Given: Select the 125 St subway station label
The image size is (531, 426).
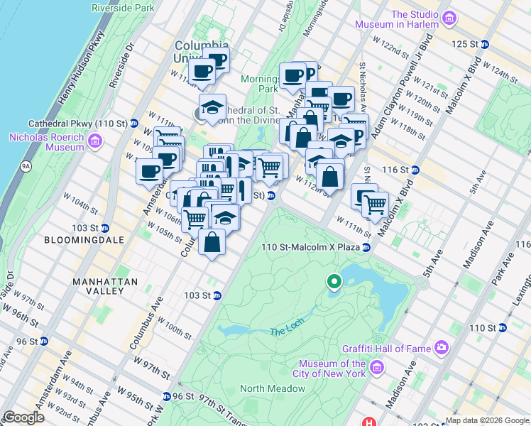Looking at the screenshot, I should [466, 44].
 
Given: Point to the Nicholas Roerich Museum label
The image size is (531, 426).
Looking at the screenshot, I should [46, 142].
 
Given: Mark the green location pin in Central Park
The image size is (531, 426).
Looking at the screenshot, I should [334, 283].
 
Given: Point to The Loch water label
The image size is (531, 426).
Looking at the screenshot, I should [286, 332].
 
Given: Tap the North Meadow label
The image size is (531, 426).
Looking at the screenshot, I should [273, 388].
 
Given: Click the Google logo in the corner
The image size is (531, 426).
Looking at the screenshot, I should [24, 417].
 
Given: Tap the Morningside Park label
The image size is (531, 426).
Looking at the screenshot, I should [258, 84].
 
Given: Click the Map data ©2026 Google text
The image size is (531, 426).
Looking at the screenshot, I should [487, 420].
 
